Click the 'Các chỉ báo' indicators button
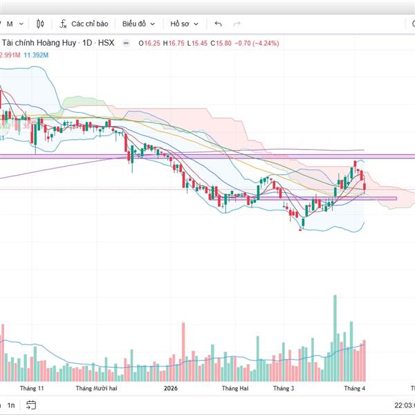point(84,24)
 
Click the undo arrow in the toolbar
point(219,24)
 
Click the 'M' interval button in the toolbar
point(10,24)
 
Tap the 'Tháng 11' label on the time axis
point(32,389)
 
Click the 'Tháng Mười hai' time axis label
point(97,389)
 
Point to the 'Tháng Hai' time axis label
point(234,389)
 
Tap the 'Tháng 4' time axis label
point(355,389)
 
